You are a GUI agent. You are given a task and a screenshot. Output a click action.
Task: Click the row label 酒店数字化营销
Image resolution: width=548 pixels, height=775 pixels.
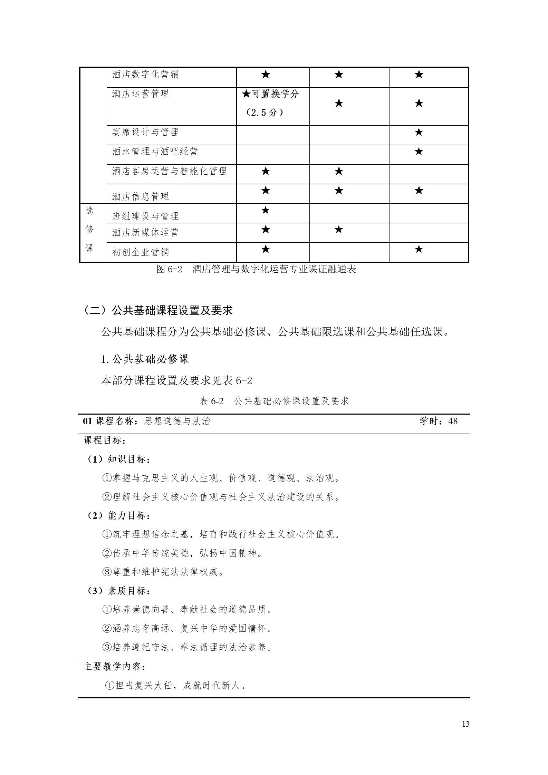point(145,75)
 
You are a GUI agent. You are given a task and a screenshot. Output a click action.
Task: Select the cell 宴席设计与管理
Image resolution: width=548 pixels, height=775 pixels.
point(145,132)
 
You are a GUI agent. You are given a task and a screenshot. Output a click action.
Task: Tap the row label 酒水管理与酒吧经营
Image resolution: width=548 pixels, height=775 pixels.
point(155,151)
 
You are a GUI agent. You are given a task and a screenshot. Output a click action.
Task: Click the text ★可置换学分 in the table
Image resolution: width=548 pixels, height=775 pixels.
point(270,94)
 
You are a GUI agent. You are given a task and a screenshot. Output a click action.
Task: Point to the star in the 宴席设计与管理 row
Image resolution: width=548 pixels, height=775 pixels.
point(419,132)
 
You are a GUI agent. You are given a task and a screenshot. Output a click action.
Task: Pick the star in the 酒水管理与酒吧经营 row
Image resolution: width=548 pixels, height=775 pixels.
point(419,152)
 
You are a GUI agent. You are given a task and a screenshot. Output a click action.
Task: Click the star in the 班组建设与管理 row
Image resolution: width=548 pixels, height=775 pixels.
point(265,210)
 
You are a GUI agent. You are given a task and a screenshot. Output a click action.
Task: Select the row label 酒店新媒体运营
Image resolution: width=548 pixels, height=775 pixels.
point(145,232)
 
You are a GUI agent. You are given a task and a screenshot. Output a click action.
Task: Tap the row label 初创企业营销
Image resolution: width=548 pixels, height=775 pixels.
point(140,252)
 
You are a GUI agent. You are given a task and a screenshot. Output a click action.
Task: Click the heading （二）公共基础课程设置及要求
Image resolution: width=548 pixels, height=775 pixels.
point(158,310)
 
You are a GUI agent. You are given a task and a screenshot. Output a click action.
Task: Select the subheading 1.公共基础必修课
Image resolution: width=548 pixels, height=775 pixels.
point(145,359)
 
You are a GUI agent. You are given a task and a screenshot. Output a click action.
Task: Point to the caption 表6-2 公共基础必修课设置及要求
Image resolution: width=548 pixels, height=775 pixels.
point(274,401)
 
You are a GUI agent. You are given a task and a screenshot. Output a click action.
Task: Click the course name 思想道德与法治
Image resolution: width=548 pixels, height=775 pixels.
point(177,421)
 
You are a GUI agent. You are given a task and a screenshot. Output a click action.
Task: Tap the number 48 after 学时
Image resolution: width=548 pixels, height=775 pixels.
point(452,421)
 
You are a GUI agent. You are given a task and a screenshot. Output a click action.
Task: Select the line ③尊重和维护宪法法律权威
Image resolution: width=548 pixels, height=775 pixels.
point(163,572)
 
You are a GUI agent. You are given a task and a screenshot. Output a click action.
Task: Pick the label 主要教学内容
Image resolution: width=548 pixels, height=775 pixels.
point(115,667)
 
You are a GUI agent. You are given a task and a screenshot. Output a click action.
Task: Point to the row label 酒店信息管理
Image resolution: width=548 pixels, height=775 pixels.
point(140,196)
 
